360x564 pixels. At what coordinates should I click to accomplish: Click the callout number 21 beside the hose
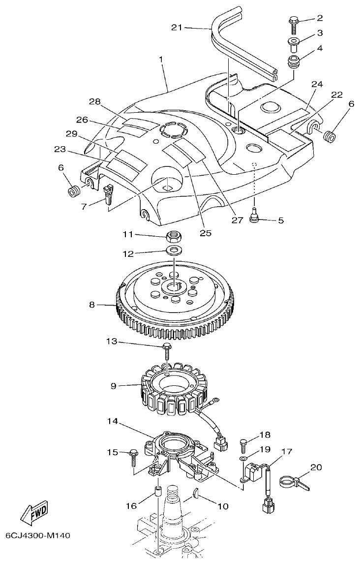(177, 28)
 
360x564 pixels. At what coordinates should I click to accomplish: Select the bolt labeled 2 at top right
(293, 22)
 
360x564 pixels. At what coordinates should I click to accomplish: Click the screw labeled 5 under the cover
(254, 217)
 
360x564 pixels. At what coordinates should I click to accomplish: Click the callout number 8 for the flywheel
(92, 305)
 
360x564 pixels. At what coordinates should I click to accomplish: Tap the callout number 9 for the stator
(113, 386)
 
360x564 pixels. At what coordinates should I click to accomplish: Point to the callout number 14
(113, 421)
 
